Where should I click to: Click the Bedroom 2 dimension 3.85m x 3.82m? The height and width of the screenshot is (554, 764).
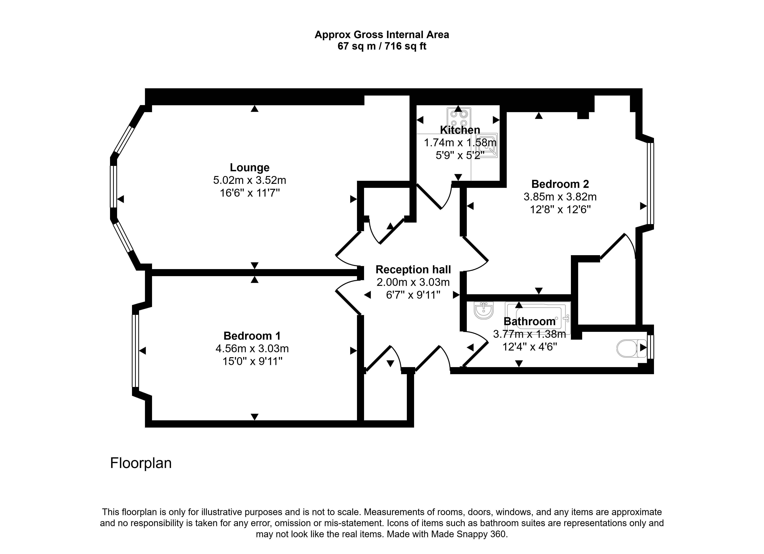(560, 197)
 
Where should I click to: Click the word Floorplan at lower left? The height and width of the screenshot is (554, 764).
(141, 463)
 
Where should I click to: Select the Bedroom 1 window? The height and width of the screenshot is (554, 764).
(135, 351)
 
